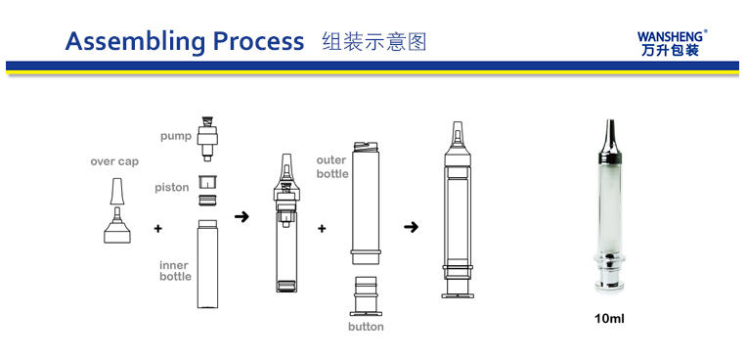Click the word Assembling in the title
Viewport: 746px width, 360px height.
point(136,42)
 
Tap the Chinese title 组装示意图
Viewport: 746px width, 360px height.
point(373,41)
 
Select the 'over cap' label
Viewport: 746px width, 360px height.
point(114,161)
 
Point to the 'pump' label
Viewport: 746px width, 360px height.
point(176,137)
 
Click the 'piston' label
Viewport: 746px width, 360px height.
point(172,188)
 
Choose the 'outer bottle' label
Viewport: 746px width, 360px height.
point(332,167)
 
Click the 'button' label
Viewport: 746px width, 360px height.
point(366,327)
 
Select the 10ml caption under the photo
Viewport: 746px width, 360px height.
point(609,319)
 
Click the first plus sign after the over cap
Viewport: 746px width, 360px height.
point(158,229)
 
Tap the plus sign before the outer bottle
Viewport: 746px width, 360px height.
point(322,229)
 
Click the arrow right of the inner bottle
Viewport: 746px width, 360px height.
point(241,217)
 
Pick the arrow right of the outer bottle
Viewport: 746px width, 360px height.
point(411,227)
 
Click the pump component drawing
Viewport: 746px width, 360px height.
point(207,138)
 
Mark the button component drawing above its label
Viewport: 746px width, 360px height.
point(367,295)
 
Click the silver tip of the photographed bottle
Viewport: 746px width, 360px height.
point(609,137)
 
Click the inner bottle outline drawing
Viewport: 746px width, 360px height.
point(207,263)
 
